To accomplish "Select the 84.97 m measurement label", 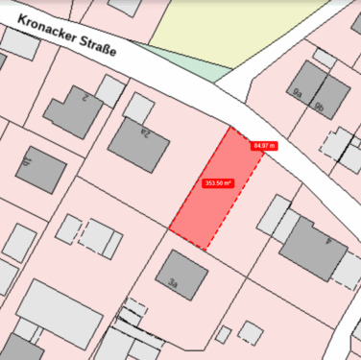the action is tap(263, 146).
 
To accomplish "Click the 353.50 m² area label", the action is tap(218, 182).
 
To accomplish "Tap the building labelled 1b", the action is tap(40, 170).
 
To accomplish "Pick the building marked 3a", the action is tap(181, 276).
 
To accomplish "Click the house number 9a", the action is tap(298, 93).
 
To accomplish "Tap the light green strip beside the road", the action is tap(192, 60).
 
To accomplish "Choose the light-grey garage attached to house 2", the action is tap(110, 90).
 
